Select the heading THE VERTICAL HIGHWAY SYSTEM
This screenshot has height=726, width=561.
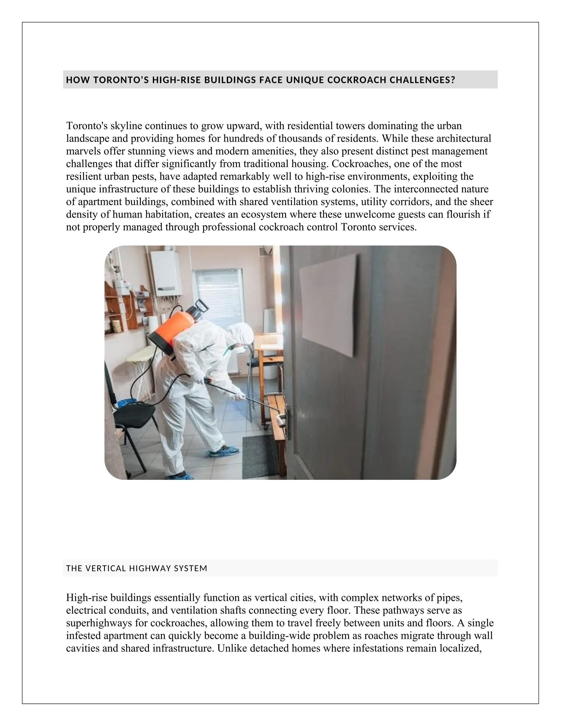[x=137, y=568]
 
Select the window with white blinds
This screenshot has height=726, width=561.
[x=218, y=298]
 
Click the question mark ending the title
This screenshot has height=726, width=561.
[x=452, y=80]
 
